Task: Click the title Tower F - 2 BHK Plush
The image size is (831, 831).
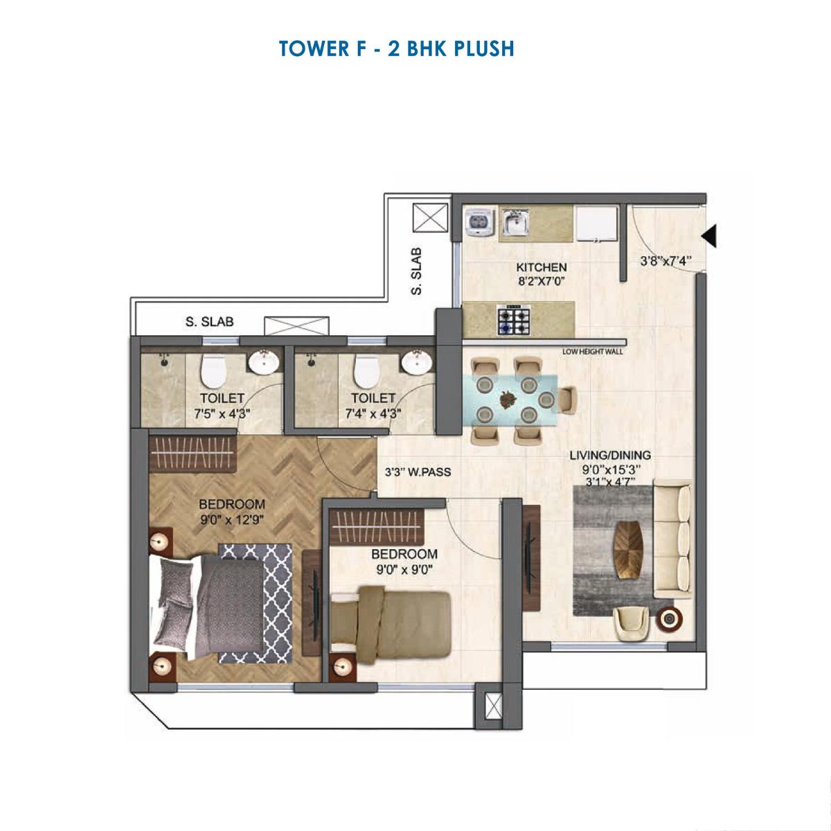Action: pos(396,48)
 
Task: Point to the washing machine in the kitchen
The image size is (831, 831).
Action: pos(479,222)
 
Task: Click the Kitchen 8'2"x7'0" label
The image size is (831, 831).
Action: pos(541,274)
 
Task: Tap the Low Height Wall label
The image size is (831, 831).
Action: pos(592,352)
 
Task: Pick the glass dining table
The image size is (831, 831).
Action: pos(511,399)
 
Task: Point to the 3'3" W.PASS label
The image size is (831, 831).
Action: pos(418,473)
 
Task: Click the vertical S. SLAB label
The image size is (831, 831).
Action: pos(416,271)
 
